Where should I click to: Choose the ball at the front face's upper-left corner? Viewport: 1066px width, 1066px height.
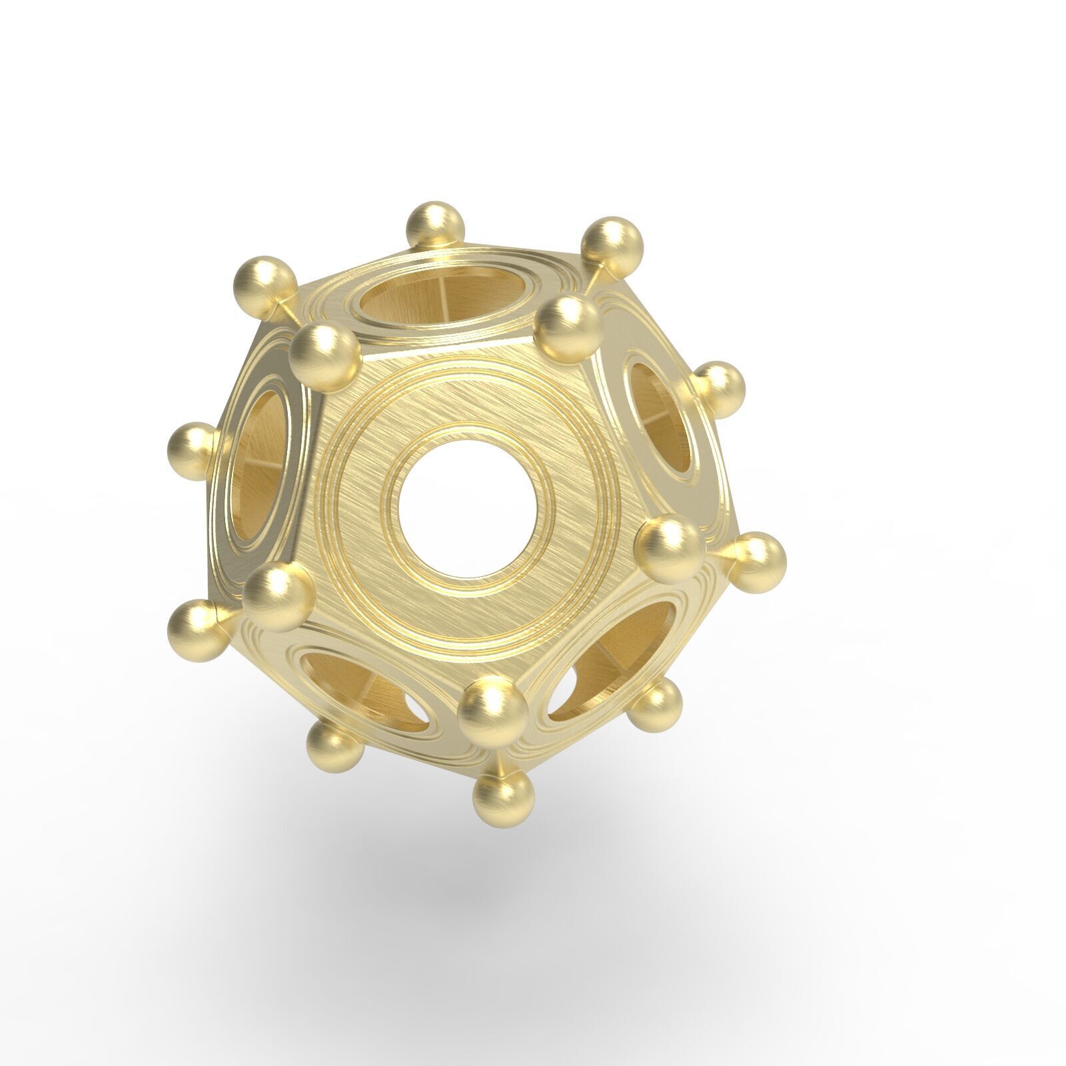pos(324,357)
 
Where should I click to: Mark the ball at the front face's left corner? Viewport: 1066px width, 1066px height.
pos(277,595)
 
